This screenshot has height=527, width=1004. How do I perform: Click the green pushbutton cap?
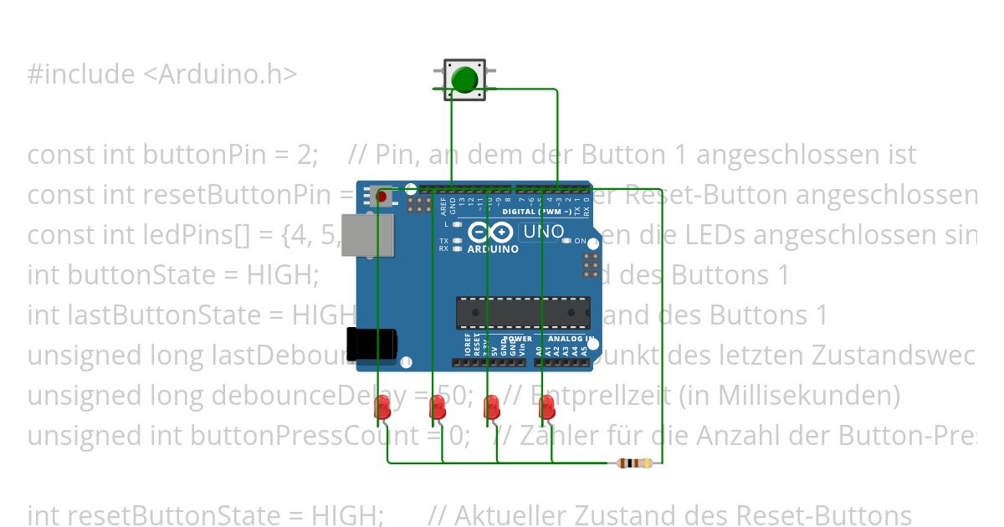tap(464, 79)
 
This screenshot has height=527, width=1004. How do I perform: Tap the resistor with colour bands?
tap(634, 463)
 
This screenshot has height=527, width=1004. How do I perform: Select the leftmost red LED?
tap(382, 407)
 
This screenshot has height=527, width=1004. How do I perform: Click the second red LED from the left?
tap(438, 407)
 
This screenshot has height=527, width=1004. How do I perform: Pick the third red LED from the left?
tap(492, 407)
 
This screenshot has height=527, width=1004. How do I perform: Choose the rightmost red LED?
tap(547, 407)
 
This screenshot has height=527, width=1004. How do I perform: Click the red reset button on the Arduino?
tap(382, 197)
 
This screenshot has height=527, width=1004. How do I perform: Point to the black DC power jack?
tap(374, 343)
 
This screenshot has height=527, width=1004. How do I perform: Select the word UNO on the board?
tap(544, 232)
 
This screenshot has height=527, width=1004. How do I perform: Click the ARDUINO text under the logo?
tap(493, 249)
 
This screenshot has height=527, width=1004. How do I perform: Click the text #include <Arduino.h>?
tap(162, 74)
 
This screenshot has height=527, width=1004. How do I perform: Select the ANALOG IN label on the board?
tap(571, 340)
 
